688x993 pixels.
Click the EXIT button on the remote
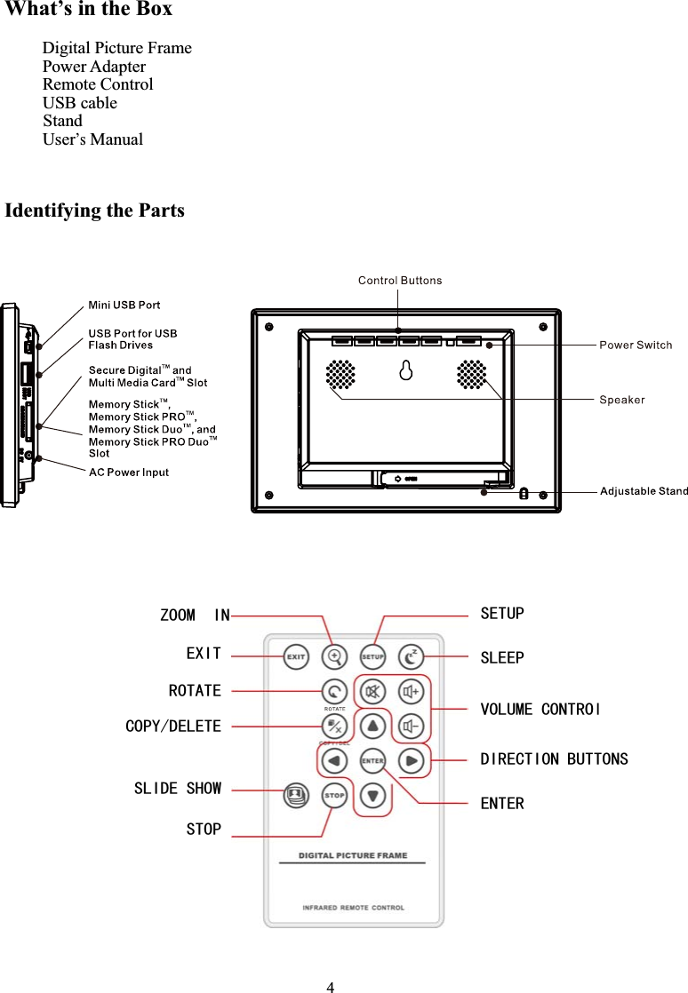[296, 657]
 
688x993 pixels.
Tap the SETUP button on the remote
[372, 657]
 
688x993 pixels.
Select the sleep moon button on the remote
[411, 657]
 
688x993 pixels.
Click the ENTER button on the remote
[372, 761]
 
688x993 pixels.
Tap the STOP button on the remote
[334, 796]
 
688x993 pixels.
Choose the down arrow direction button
[372, 796]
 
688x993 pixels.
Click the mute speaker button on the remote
[372, 691]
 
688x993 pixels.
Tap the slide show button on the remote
[296, 796]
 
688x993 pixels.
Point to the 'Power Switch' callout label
[636, 345]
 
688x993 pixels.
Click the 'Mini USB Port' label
[124, 306]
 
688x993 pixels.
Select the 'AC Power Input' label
[129, 473]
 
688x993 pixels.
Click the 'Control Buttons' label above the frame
[400, 281]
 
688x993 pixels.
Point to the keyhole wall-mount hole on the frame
[405, 371]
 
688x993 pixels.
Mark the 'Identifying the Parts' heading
[95, 211]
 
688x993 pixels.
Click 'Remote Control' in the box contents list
[98, 84]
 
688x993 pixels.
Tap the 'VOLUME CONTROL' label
[540, 709]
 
